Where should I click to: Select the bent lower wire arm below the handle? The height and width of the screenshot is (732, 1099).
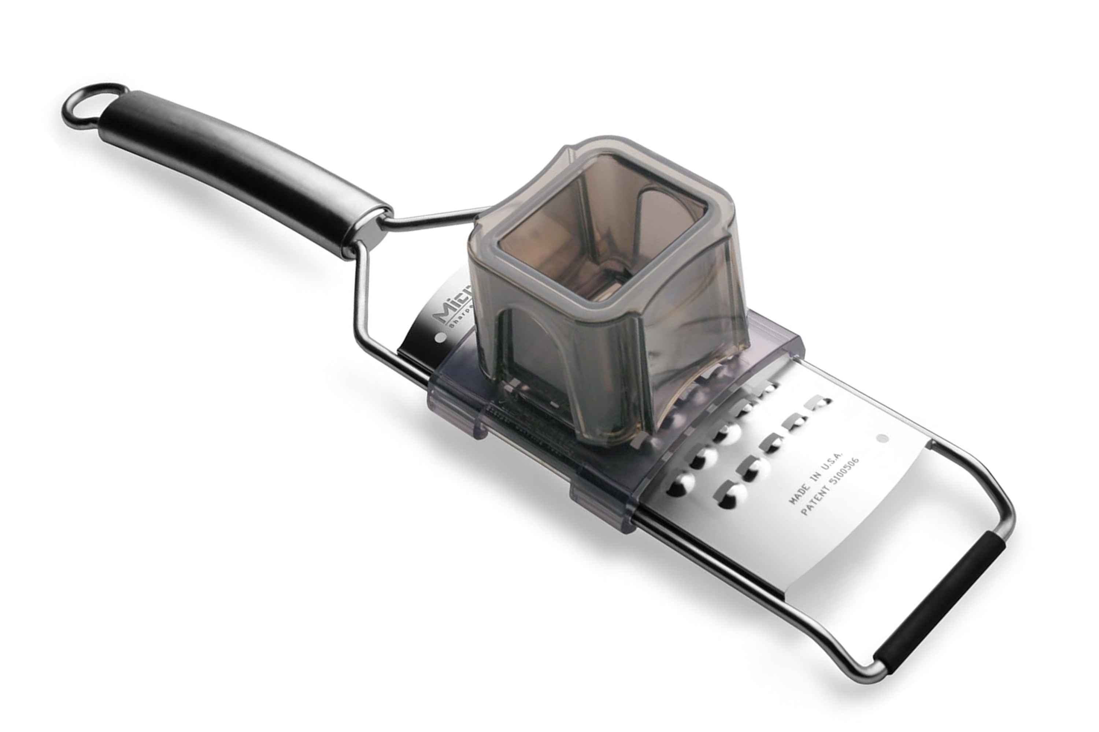tap(362, 299)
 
